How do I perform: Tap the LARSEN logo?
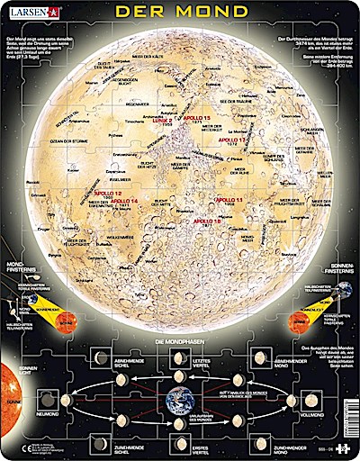coord(31,12)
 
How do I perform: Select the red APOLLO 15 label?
coord(196,118)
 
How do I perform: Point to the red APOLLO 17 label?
coord(233,140)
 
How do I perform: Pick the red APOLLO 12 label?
coord(105,193)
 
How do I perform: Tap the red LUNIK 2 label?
coord(160,121)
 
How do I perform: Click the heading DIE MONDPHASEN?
coord(180,342)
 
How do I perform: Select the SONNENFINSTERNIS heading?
coord(341,264)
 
